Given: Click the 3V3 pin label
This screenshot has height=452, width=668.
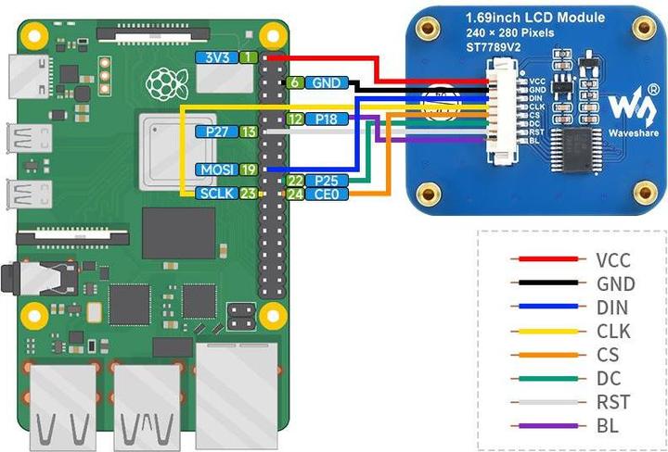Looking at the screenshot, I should click(217, 57).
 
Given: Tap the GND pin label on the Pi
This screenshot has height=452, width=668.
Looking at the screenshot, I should click(326, 82).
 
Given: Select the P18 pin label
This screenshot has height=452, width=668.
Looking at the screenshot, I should click(326, 119).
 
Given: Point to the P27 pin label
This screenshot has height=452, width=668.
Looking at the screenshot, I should click(217, 132).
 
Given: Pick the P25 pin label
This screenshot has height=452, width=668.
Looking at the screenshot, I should click(326, 180).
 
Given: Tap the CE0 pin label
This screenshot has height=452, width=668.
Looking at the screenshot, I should click(326, 194).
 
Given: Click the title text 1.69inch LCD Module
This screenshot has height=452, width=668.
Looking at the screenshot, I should click(534, 18).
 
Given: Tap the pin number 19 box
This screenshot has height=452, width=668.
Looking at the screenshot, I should click(249, 169).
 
